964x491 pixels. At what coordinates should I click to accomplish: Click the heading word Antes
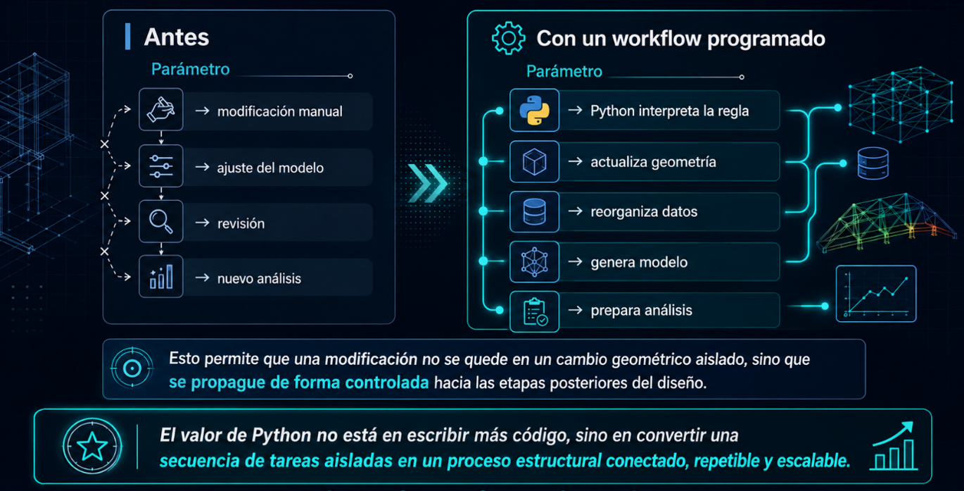click(x=177, y=37)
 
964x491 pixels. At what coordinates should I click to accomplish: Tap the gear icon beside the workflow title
click(x=508, y=38)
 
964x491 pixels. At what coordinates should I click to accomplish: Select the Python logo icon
click(x=535, y=111)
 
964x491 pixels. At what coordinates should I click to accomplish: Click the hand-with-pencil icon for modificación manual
click(x=161, y=110)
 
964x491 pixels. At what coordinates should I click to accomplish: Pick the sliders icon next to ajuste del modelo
click(x=161, y=166)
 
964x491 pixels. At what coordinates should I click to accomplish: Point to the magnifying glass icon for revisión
click(x=161, y=221)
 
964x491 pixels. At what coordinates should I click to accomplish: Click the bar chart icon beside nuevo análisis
click(x=161, y=277)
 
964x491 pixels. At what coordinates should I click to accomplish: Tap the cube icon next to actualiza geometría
click(x=535, y=161)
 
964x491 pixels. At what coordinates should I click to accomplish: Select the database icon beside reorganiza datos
click(x=535, y=211)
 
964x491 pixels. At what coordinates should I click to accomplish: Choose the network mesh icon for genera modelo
click(x=535, y=262)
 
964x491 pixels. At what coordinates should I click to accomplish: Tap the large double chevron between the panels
click(x=428, y=183)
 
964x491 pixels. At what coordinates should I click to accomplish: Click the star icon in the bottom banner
click(x=92, y=446)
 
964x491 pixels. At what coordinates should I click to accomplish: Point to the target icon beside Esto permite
click(x=132, y=368)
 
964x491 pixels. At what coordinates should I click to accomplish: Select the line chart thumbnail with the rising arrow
click(x=876, y=294)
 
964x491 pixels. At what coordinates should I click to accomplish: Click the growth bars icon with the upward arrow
click(x=893, y=446)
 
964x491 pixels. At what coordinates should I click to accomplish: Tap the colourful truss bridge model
click(x=887, y=223)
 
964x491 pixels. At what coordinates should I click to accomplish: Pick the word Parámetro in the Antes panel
click(x=190, y=69)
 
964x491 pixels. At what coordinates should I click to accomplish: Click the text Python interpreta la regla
click(x=670, y=111)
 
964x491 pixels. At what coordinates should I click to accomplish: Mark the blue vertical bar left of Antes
click(x=127, y=37)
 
